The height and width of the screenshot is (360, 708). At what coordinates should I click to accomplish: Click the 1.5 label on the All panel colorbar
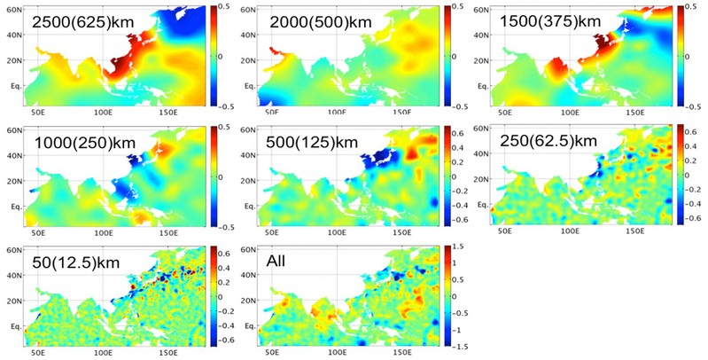pyautogui.click(x=456, y=251)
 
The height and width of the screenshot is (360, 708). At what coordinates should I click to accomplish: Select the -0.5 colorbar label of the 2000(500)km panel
pyautogui.click(x=457, y=104)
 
